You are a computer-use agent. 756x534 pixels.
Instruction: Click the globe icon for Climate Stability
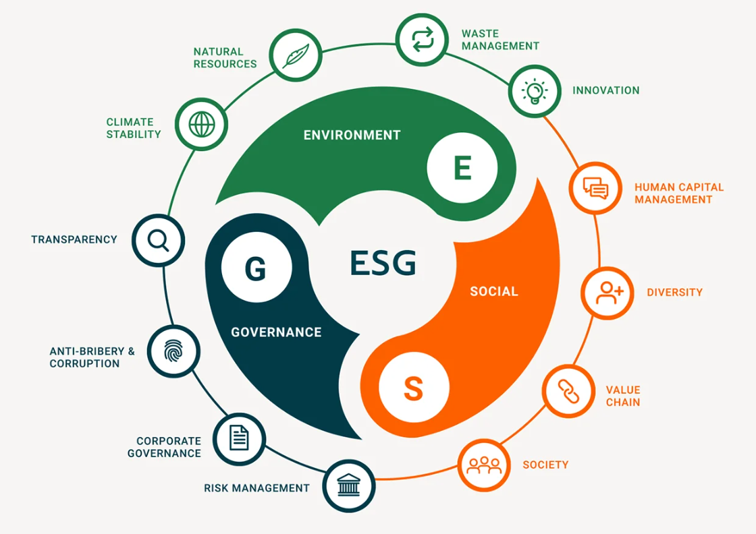[x=202, y=124]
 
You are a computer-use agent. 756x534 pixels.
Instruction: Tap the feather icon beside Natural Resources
[x=296, y=55]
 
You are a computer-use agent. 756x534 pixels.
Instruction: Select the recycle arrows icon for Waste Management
[x=423, y=40]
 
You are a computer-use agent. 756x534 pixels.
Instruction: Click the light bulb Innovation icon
[x=535, y=92]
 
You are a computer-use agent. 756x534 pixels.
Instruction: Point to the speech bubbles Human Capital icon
[x=595, y=188]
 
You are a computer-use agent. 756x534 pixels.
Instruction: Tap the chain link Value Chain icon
[x=568, y=391]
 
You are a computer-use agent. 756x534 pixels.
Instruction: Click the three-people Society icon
[x=484, y=465]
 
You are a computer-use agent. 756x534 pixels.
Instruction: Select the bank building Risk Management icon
[x=348, y=485]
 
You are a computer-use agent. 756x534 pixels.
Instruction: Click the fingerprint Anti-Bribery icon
[x=173, y=351]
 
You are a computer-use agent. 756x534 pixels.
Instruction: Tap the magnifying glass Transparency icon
[x=158, y=240]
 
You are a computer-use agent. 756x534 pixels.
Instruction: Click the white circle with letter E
[x=462, y=168]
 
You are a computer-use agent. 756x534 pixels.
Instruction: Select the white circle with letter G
[x=256, y=267]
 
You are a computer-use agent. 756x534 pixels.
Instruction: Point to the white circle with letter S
[x=414, y=388]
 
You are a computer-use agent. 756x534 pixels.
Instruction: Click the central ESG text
[x=383, y=263]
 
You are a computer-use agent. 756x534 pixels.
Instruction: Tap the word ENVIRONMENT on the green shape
[x=352, y=136]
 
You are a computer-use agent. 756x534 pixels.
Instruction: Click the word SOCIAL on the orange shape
[x=494, y=291]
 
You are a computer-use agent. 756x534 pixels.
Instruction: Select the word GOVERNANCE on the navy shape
[x=276, y=332]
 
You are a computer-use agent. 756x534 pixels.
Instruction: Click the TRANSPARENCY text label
[x=74, y=240]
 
